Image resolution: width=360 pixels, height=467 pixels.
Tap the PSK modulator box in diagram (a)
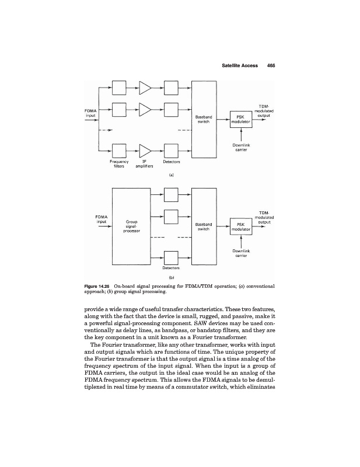tap(240, 119)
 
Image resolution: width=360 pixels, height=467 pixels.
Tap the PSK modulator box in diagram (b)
tap(240, 226)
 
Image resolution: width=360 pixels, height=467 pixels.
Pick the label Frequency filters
tap(120, 163)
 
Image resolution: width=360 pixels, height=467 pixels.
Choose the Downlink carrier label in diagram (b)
tap(241, 253)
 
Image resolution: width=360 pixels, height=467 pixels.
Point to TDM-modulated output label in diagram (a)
tap(265, 110)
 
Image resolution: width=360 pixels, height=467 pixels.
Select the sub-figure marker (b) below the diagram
tap(172, 278)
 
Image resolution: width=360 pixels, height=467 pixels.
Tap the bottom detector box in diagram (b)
tap(172, 257)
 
